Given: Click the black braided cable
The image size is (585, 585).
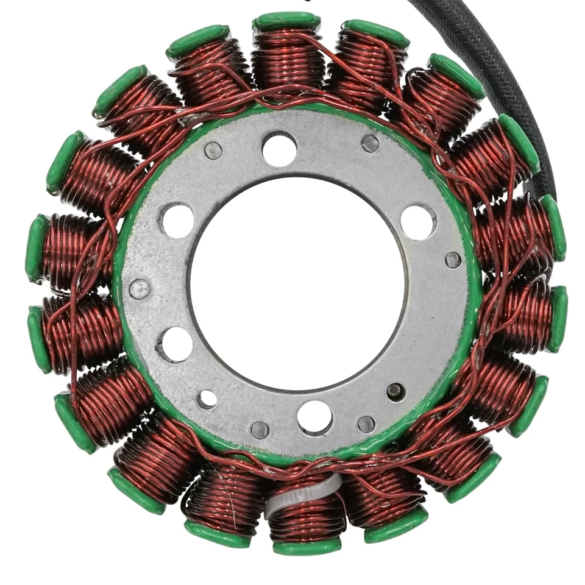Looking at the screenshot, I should [512, 73].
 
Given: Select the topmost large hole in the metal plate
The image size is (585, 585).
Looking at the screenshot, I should [279, 148].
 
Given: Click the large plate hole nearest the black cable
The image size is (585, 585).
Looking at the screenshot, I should [418, 222].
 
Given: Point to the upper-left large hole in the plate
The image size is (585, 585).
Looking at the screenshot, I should [177, 221].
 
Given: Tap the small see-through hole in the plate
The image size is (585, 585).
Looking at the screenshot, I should [207, 399].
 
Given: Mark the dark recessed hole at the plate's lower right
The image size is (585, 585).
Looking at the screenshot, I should [395, 391].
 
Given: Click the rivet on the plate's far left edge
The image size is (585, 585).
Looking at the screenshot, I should [140, 289].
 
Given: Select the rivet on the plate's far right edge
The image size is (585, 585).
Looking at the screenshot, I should [453, 260].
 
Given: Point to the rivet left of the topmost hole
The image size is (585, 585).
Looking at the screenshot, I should [213, 150].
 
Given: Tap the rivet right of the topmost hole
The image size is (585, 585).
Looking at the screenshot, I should [370, 143].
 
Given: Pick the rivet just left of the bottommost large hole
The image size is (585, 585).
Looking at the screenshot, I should [260, 430].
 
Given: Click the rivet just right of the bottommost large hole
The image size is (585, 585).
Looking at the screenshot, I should [366, 424].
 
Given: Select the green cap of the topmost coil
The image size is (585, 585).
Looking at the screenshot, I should [286, 21].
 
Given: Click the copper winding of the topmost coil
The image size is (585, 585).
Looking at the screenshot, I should [286, 61].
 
